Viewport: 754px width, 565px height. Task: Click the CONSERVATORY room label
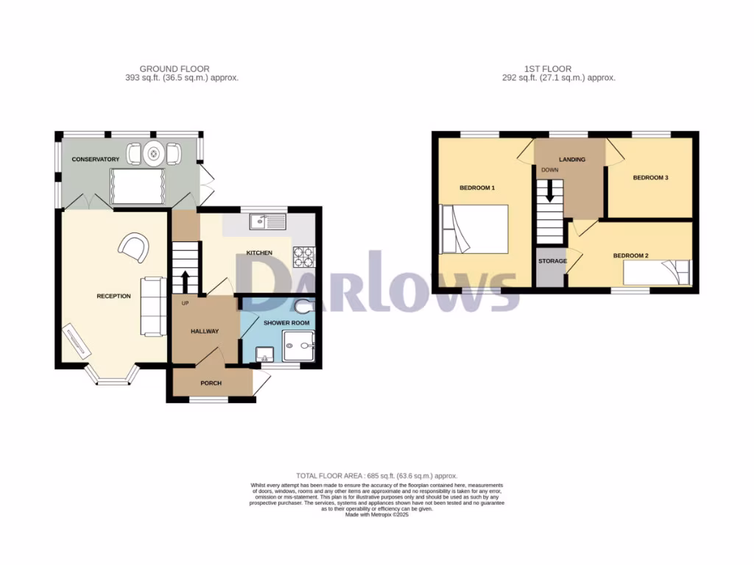coord(95,160)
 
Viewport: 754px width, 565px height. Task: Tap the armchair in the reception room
coord(134,246)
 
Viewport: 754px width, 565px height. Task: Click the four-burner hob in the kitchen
coord(304,257)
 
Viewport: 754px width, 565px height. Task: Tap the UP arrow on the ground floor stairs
coord(184,282)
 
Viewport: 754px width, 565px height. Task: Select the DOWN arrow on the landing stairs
coord(549,193)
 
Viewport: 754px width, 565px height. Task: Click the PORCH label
coord(211,383)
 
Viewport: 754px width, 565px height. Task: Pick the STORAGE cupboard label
coord(552,261)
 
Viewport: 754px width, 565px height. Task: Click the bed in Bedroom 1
coord(475,230)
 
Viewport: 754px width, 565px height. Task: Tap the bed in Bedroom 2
coord(658,273)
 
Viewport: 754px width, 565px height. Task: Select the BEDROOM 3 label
coord(651,178)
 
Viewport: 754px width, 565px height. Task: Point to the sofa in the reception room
coord(153,306)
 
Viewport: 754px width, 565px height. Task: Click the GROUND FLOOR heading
coord(174,69)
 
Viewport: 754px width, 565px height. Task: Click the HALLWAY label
coord(205,331)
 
